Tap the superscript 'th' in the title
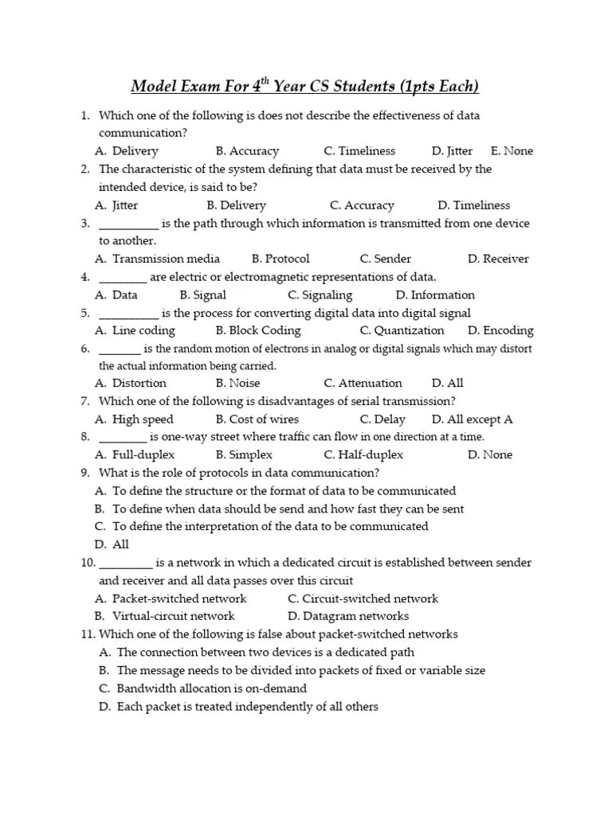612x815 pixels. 267,80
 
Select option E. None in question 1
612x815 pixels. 512,151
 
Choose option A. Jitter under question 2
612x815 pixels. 116,205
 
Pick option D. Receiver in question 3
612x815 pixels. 498,259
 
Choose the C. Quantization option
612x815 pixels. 402,330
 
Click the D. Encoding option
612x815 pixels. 500,330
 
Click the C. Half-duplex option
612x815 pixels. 363,455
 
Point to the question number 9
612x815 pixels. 84,473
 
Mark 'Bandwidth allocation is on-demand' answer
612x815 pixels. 211,688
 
